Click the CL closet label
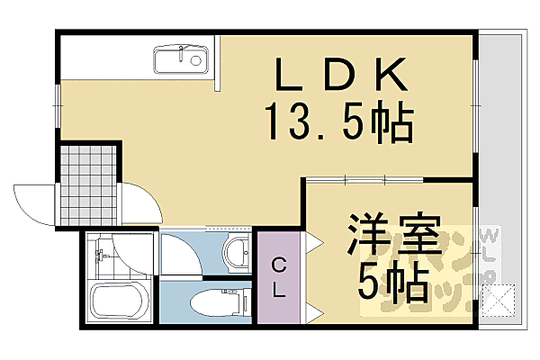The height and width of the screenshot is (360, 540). pos(280,277)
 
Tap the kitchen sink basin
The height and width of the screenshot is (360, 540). pos(180,60)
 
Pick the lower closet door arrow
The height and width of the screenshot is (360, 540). pos(312,311)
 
